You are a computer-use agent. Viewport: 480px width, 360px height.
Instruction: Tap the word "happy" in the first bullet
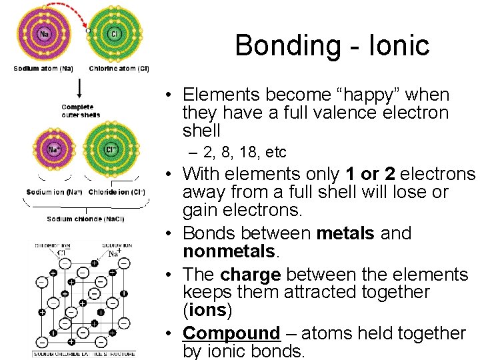[351, 95]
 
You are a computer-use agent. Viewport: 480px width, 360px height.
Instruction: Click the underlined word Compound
[231, 333]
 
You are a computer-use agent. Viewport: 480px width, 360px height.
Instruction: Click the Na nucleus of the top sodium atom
[44, 34]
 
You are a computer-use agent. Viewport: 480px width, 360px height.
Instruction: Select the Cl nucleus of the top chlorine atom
[114, 34]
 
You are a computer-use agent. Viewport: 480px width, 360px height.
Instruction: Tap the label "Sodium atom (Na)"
[44, 68]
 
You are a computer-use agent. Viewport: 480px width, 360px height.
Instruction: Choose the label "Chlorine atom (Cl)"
[119, 68]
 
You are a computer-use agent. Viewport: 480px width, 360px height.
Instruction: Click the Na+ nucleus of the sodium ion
[53, 149]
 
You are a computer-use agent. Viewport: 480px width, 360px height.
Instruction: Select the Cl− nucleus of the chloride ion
[111, 149]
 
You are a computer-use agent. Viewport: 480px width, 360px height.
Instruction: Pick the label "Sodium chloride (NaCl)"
[85, 219]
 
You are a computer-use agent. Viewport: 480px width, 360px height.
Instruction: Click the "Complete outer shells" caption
[80, 111]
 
